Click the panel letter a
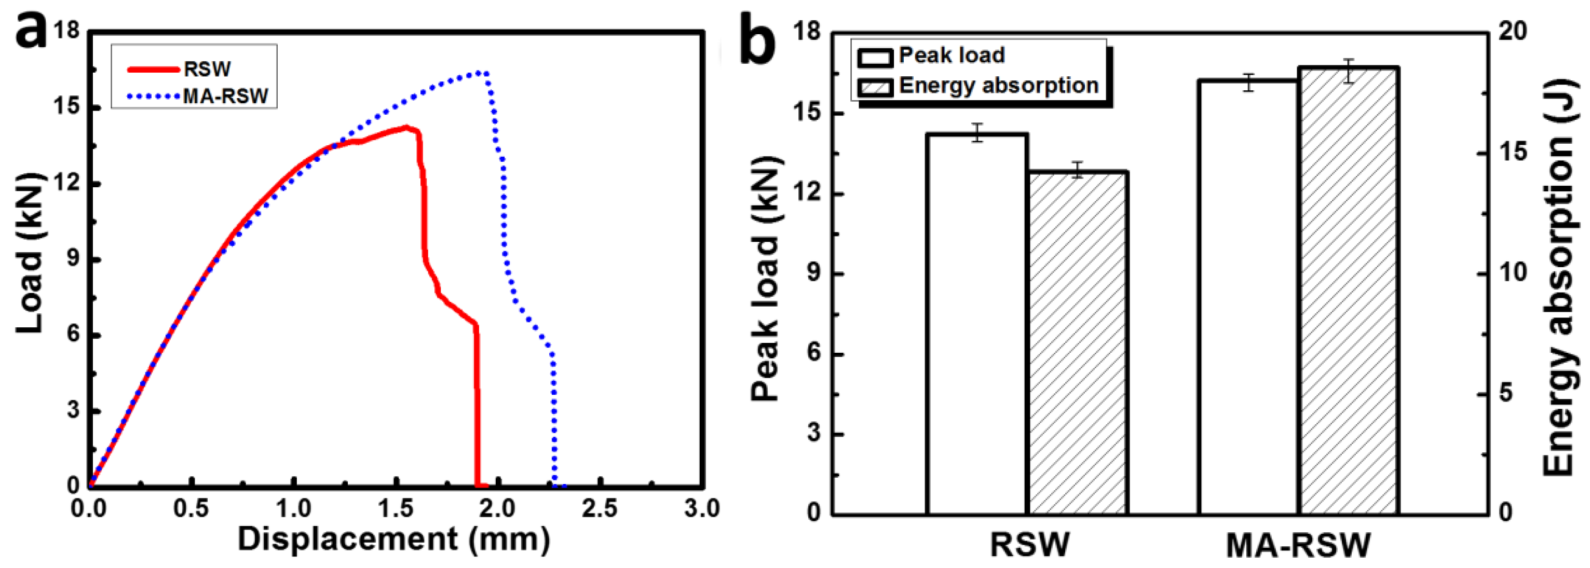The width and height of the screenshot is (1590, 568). click(x=31, y=31)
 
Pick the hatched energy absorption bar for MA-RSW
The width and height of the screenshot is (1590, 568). click(x=1349, y=290)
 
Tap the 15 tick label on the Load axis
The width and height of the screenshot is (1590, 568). click(x=67, y=107)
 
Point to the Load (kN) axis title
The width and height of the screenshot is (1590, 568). click(x=30, y=253)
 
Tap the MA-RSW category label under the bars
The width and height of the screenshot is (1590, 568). click(x=1298, y=545)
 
